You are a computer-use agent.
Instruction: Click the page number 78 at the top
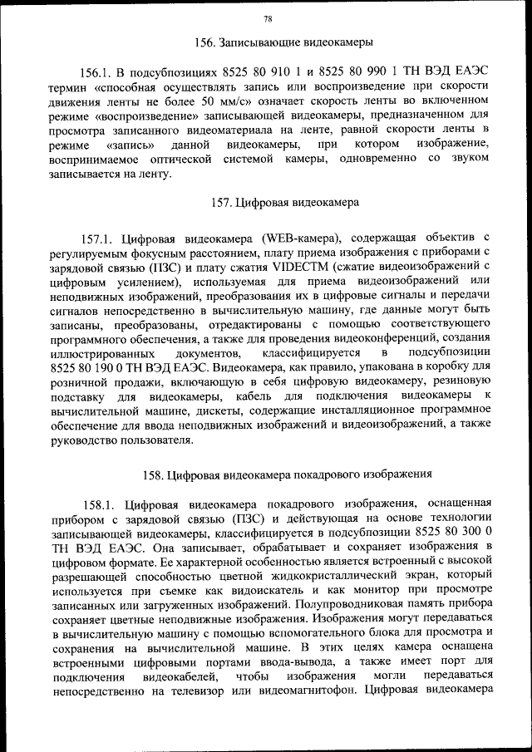click(267, 18)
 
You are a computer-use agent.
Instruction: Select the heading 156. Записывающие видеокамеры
click(283, 42)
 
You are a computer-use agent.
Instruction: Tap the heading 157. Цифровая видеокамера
click(284, 201)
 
